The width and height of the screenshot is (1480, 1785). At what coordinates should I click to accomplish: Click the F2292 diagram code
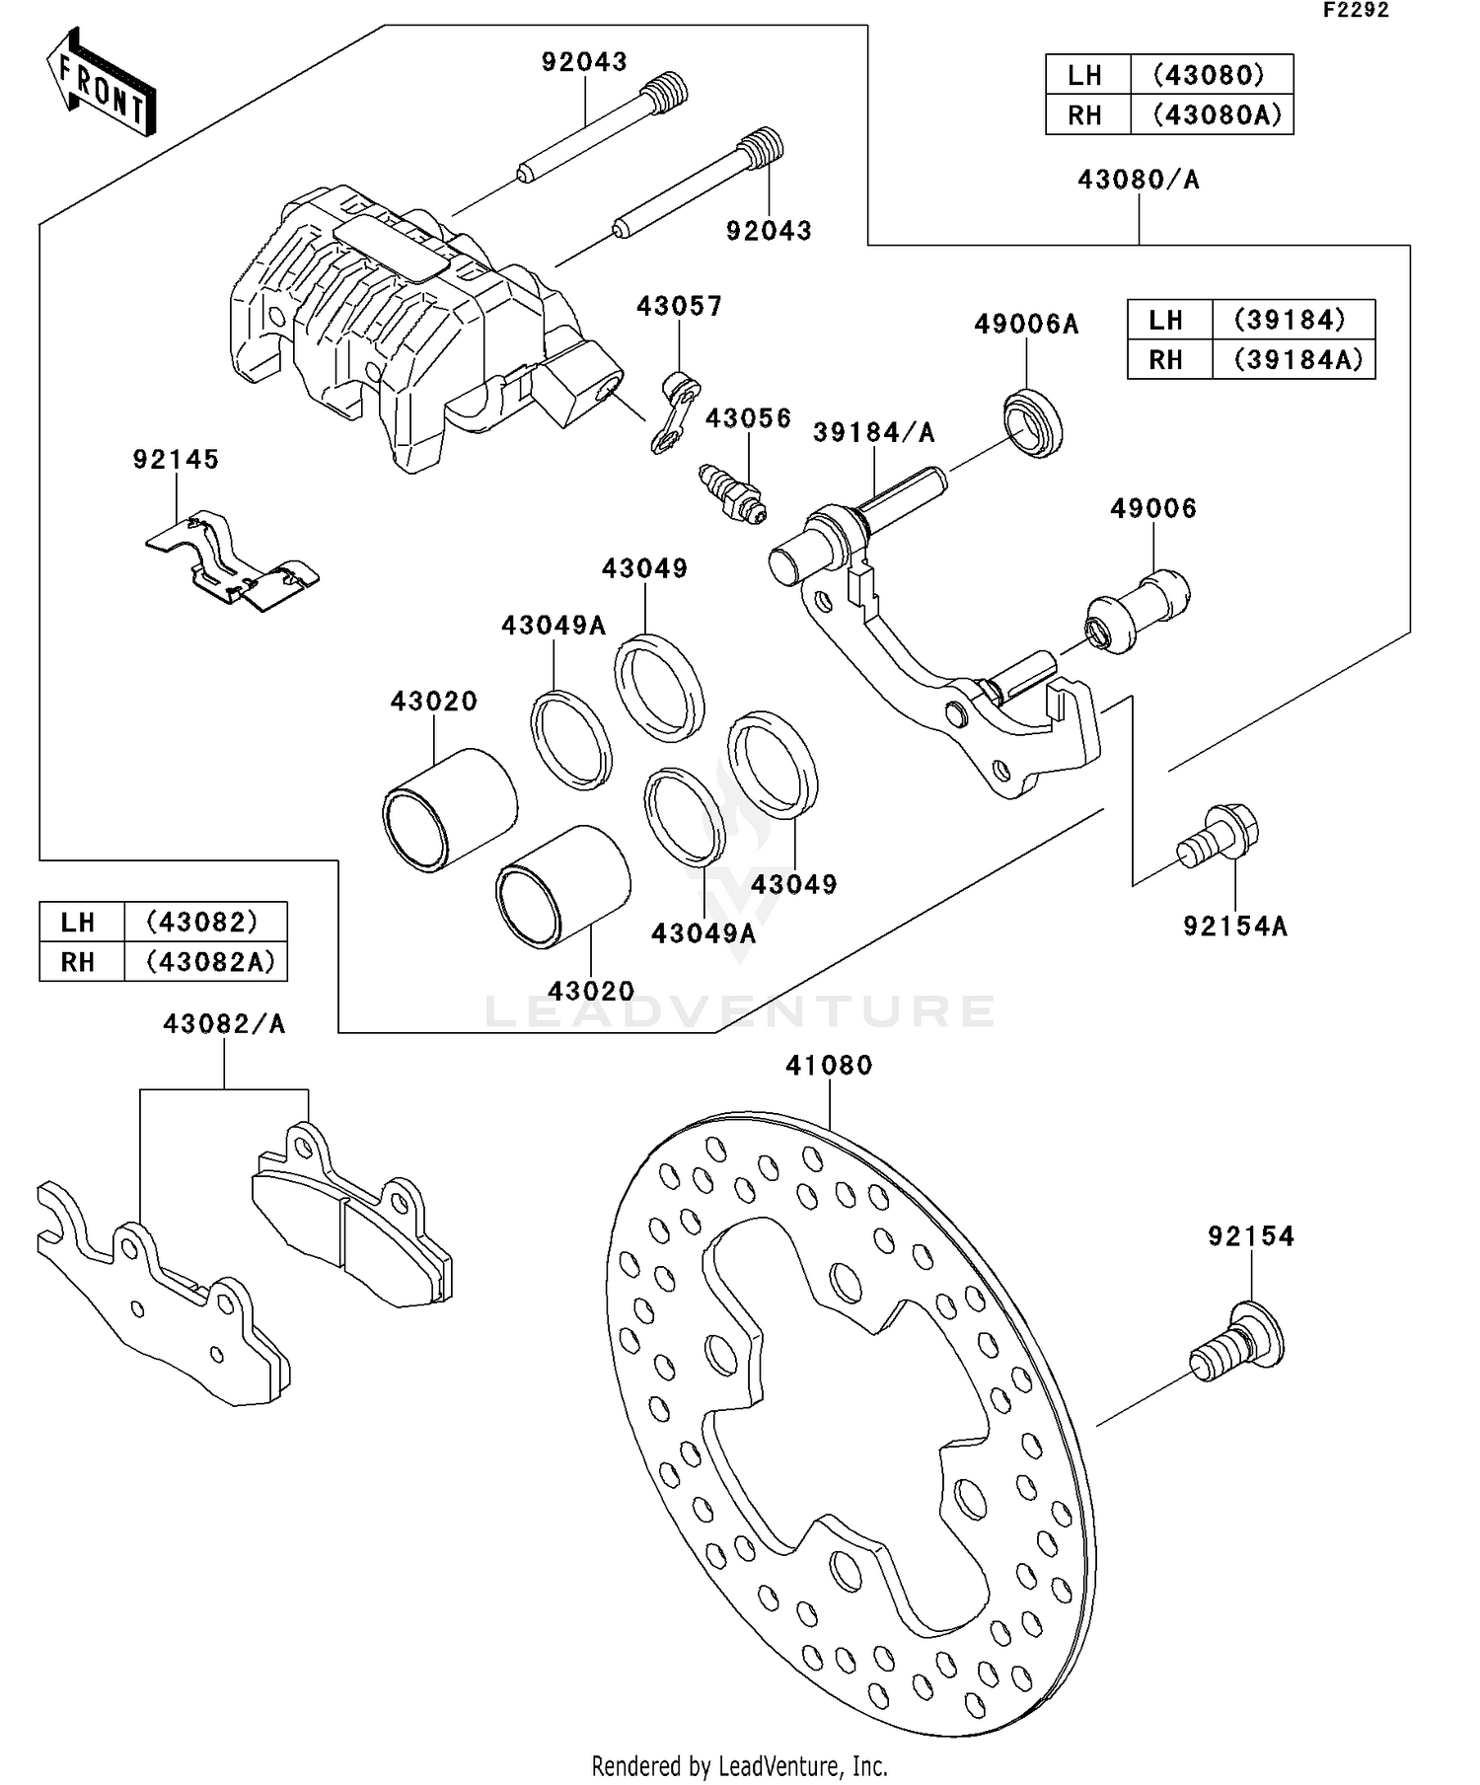point(1356,11)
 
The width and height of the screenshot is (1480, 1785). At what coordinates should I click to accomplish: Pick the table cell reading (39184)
point(1291,320)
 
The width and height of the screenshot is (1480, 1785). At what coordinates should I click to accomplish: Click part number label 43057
point(679,306)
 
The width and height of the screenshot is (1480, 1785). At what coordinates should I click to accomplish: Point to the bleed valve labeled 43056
point(732,492)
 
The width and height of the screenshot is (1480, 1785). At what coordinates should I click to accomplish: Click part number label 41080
point(829,1066)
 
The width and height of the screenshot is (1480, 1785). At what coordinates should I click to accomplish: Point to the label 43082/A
point(224,1024)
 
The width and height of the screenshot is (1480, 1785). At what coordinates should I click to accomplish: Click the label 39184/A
point(873,432)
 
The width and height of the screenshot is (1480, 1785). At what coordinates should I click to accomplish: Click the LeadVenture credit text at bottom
point(739,1765)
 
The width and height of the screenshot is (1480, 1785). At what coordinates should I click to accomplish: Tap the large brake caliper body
point(395,326)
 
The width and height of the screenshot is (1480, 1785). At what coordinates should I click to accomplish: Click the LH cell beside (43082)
point(79,922)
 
